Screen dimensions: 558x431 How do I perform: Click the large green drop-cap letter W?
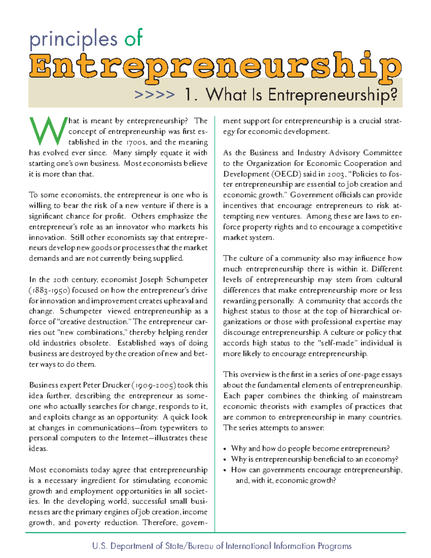pos(48,130)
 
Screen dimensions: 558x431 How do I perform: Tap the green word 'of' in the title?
pos(134,38)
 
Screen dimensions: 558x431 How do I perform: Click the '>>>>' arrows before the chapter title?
pos(154,95)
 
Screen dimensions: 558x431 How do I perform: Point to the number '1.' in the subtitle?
pos(190,95)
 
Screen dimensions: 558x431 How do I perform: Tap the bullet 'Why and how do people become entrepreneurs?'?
pos(310,449)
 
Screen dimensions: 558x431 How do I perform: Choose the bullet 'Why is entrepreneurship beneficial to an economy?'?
pos(314,459)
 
